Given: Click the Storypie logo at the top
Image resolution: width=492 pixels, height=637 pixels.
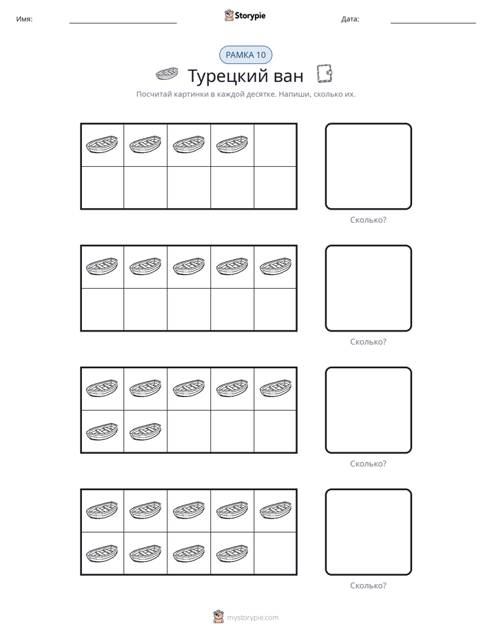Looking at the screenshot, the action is click(x=245, y=15).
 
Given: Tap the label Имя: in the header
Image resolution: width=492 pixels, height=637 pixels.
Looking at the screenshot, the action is click(x=24, y=19).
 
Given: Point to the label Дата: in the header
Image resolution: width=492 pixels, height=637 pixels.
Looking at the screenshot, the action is click(x=350, y=19).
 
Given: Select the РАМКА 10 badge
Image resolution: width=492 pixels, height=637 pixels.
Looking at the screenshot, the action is click(x=245, y=55).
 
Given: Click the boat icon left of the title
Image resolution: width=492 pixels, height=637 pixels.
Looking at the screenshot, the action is click(x=167, y=74).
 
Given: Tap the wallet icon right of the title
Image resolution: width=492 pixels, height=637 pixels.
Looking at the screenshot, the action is click(x=325, y=74).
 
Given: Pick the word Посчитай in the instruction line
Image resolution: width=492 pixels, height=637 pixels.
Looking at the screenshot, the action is click(x=154, y=94).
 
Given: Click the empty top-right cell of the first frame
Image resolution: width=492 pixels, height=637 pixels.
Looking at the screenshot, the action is click(x=275, y=145).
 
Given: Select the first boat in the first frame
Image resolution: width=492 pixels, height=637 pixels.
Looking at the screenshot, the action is click(x=102, y=145).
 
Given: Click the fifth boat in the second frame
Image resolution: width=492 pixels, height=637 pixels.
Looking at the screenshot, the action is click(x=275, y=267).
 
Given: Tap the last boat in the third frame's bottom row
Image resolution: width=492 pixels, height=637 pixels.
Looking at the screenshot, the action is click(x=145, y=432).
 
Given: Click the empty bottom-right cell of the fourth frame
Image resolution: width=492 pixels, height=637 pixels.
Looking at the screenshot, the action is click(x=275, y=554).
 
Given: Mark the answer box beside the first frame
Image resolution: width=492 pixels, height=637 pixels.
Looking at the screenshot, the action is click(x=368, y=167).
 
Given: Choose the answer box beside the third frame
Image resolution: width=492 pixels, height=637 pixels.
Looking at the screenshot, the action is click(x=368, y=410).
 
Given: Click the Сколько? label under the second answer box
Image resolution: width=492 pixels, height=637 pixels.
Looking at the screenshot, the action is click(x=368, y=342).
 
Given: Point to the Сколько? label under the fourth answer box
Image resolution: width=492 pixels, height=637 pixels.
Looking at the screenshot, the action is click(x=368, y=586).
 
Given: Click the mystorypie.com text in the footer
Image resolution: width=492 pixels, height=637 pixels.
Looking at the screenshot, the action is click(x=252, y=618).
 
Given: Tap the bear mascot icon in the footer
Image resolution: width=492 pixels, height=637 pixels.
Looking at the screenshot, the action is click(x=218, y=617).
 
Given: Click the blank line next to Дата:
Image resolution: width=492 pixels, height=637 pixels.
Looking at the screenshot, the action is click(x=433, y=23).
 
